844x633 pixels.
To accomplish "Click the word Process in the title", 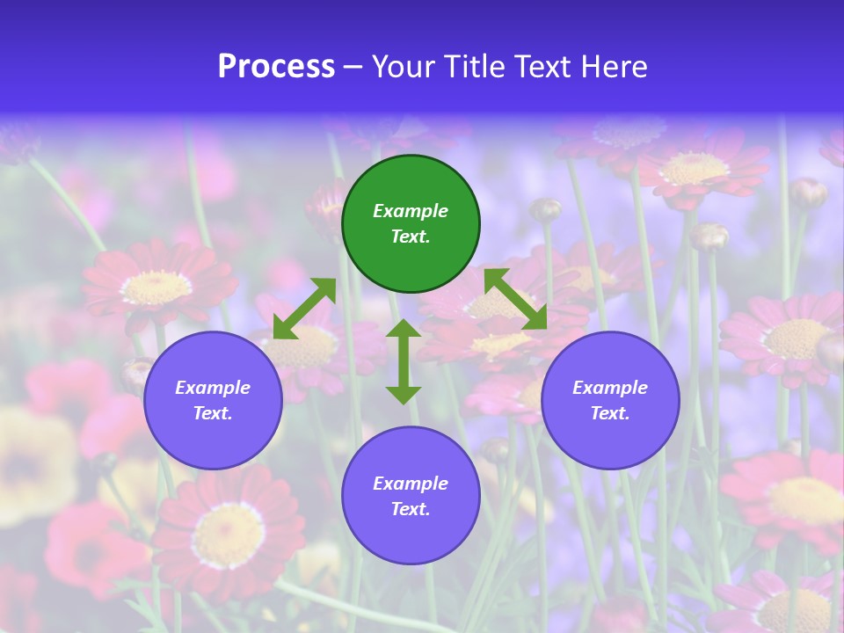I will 276,67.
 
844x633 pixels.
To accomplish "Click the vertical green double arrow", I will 404,361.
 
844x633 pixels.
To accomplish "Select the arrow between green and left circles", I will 304,308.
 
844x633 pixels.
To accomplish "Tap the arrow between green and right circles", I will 516,299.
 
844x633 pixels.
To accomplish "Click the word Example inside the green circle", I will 411,211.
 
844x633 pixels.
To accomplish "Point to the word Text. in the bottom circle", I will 411,509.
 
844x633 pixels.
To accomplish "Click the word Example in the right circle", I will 610,388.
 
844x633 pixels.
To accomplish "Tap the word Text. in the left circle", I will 213,413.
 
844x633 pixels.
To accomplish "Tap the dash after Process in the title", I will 353,68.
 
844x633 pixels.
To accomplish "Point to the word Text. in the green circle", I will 411,236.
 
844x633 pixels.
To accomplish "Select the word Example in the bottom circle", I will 411,484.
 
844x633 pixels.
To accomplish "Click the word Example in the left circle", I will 213,388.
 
